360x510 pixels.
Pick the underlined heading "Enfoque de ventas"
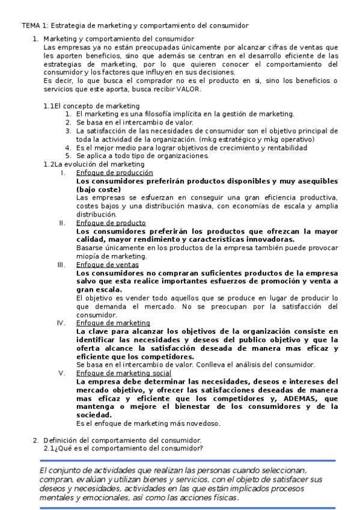coord(108,264)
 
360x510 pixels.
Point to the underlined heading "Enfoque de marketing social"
coord(124,373)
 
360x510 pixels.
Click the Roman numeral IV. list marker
coord(61,323)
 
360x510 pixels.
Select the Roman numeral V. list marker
coord(62,373)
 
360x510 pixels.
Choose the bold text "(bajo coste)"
coord(101,189)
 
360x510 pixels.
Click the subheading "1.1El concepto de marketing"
coord(91,105)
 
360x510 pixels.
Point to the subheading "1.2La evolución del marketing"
coord(94,164)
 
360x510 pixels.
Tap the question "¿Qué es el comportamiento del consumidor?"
coord(128,448)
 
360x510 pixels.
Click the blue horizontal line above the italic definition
coord(187,461)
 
